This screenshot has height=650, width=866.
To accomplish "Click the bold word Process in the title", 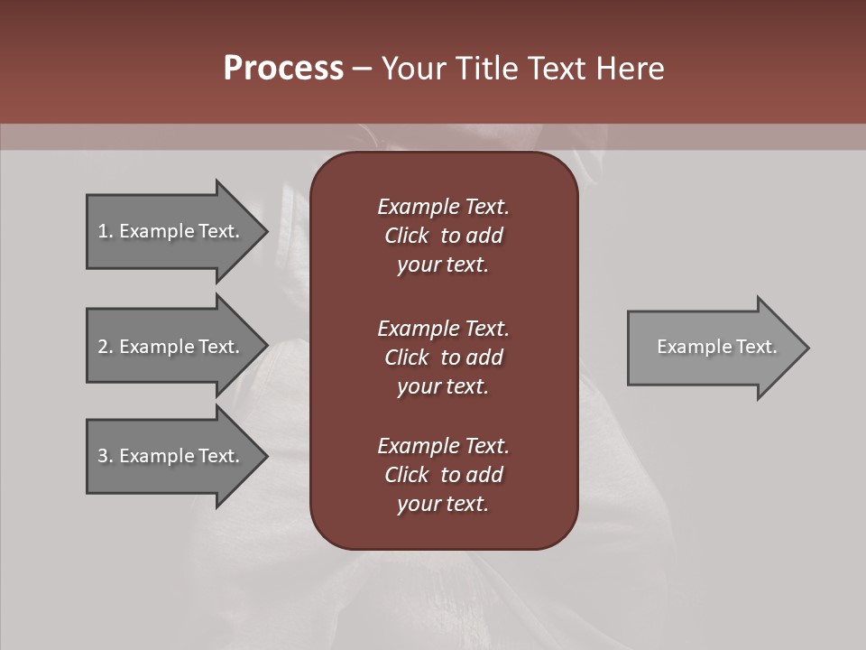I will click(283, 69).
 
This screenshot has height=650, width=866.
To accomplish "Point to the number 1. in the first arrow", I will click(105, 231).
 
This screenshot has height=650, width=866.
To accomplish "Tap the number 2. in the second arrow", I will click(105, 347).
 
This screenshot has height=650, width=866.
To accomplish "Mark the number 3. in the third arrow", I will click(105, 456).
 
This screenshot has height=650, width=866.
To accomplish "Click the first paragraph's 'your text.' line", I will click(443, 265).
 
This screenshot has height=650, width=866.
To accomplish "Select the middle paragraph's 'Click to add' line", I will click(443, 357).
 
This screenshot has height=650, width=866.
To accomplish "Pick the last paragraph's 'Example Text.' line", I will click(443, 446).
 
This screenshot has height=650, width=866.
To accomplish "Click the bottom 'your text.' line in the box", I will click(443, 505).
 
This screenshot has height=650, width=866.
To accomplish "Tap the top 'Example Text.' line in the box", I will click(443, 207).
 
